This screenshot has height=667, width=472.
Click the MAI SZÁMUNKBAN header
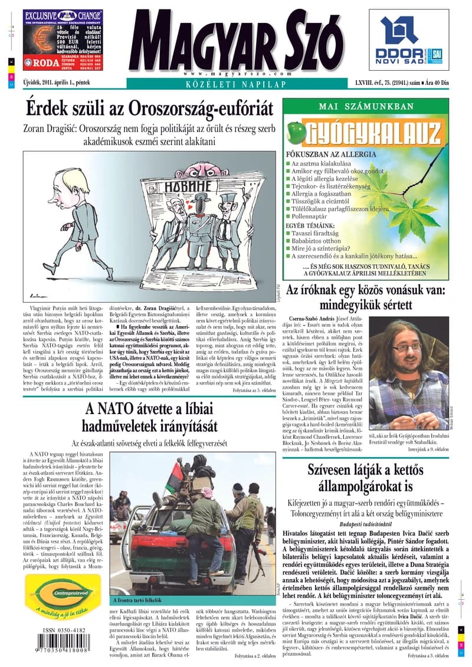point(366,106)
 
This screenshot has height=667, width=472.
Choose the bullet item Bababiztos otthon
point(316,241)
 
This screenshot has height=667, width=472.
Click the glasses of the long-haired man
point(407,347)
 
